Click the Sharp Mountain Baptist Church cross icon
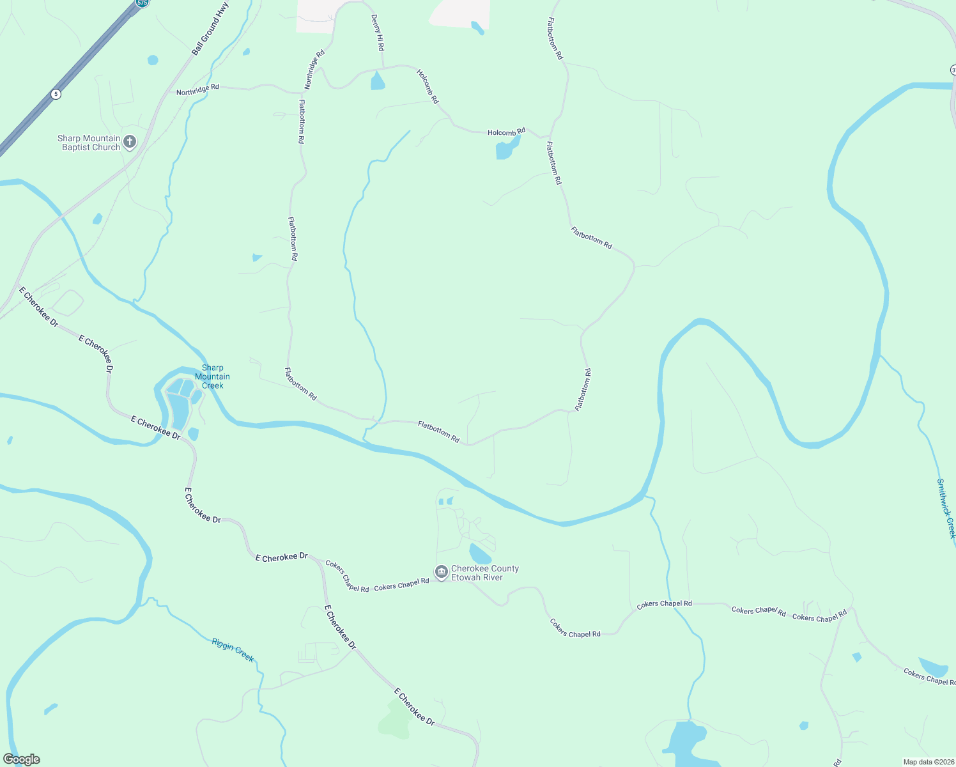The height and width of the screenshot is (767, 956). coord(130,142)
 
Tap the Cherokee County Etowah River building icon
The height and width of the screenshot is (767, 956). coord(441,572)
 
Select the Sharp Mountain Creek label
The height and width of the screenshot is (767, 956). coord(212,376)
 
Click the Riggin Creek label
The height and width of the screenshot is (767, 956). coord(233,649)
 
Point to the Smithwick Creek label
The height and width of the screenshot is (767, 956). coord(946,508)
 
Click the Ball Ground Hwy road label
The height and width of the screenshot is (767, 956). coord(210,29)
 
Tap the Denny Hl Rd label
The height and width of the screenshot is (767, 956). coord(378,33)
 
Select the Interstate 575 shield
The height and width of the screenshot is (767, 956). coord(142,3)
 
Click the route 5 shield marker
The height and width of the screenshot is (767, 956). coord(56,94)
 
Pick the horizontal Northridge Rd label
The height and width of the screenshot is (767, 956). coord(197,90)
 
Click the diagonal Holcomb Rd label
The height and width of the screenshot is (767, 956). coord(428,86)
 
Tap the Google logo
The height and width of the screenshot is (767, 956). coord(22,759)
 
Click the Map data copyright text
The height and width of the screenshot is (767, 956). coord(928,762)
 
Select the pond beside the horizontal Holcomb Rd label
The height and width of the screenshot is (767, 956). coord(504,151)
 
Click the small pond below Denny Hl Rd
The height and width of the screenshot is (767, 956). coord(378,82)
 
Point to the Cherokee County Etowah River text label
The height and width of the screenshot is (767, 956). coord(485,573)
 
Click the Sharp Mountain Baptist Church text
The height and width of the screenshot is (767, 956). coord(89,143)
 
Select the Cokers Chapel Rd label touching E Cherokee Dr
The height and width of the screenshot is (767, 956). coord(347,577)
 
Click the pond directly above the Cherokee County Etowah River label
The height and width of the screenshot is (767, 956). coord(479,554)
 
